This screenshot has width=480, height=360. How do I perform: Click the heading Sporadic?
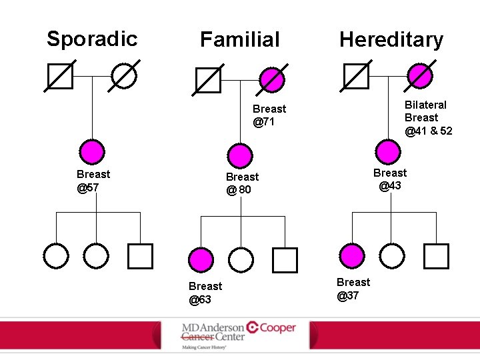tap(92, 39)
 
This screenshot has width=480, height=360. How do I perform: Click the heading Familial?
tap(240, 39)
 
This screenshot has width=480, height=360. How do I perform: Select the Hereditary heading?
tap(391, 39)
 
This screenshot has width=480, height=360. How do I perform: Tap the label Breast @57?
tap(93, 181)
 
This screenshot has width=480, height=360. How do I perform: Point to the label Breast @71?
tap(269, 115)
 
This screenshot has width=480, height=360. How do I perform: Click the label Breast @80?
tap(242, 183)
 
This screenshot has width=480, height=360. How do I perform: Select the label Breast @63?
tap(205, 293)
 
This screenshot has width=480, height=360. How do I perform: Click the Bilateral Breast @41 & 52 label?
tap(427, 117)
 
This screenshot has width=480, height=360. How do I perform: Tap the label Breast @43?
tap(390, 179)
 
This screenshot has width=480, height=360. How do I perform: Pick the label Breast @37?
tap(353, 289)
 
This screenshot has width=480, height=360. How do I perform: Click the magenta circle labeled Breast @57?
tap(92, 152)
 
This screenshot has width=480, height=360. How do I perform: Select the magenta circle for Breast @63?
tap(201, 259)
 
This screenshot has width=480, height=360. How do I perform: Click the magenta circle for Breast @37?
tap(352, 255)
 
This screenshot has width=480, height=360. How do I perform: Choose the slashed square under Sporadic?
tap(60, 76)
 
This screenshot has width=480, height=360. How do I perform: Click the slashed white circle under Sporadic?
tap(124, 76)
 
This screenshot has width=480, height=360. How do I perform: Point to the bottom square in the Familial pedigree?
tap(285, 259)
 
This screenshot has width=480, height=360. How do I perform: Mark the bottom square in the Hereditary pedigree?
tap(437, 255)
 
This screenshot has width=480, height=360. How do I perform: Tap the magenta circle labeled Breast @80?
tap(239, 155)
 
